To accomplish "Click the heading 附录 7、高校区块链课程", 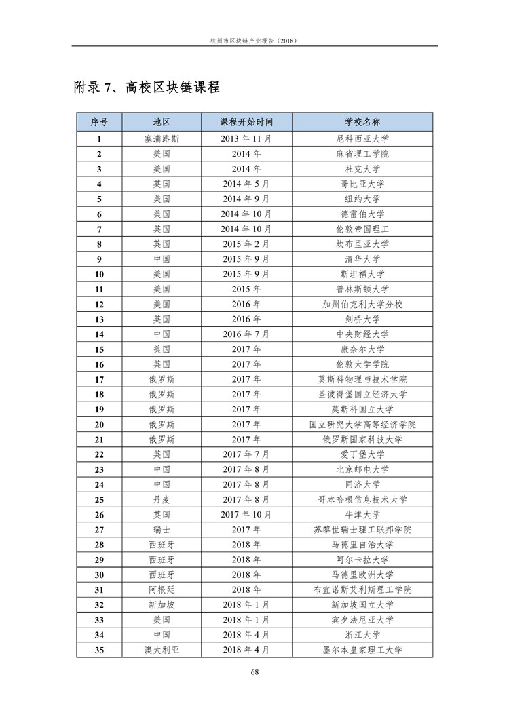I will point(146,88).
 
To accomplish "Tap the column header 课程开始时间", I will point(246,123).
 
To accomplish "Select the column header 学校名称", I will point(362,123).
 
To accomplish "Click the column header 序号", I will point(99,123).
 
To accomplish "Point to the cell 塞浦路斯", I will point(162,139).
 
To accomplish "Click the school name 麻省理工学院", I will point(362,154).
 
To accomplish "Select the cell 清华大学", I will point(362,259).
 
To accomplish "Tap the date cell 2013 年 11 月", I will point(246,139).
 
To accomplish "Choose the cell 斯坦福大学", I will point(362,274).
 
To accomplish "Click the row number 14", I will point(99,334).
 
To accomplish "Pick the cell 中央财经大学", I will point(362,334).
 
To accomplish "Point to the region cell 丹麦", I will point(162,499).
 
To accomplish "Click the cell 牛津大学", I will point(362,514).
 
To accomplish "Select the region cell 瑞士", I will point(162,530).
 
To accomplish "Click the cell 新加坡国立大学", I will point(362,604).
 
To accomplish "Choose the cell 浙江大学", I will point(362,635).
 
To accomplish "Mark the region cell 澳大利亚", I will point(162,650).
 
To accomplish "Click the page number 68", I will point(254,672).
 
